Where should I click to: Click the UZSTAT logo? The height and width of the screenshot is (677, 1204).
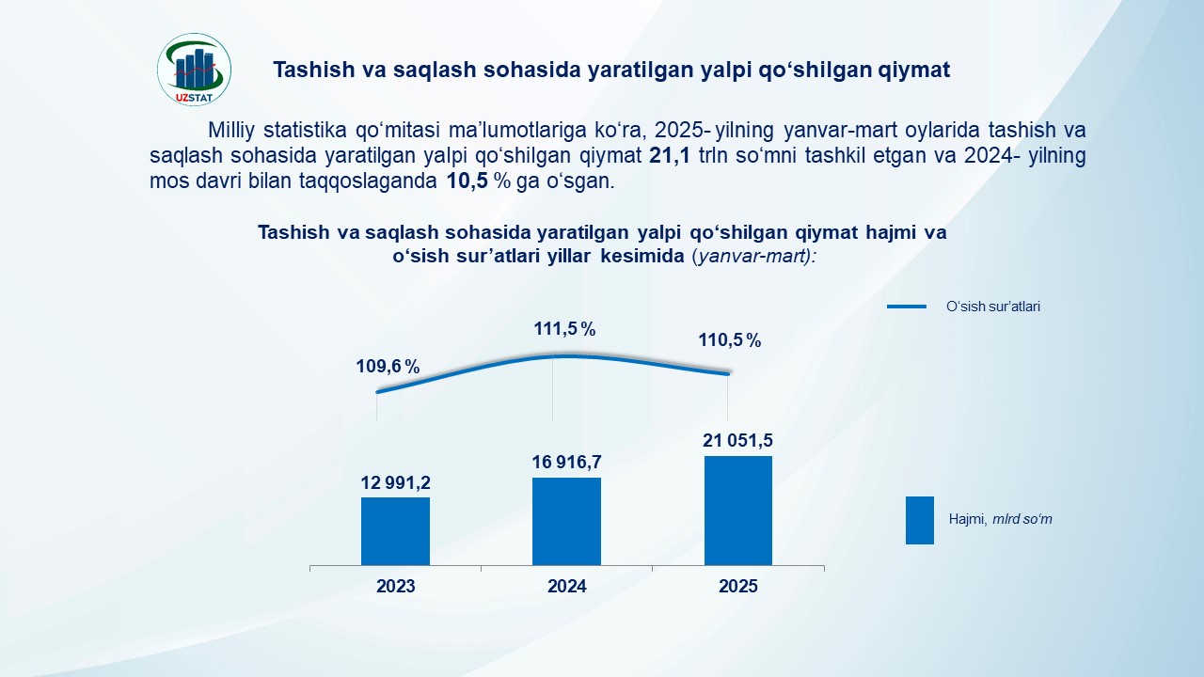(x=194, y=69)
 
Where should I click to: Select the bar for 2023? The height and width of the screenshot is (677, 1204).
(x=395, y=531)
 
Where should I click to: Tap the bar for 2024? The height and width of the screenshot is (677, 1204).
(x=566, y=522)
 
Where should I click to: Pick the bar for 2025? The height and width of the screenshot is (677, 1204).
(x=738, y=511)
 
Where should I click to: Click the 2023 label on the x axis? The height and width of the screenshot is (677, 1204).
(x=395, y=587)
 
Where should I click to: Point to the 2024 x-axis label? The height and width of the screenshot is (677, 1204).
(x=567, y=587)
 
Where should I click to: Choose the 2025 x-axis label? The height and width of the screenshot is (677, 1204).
(x=738, y=587)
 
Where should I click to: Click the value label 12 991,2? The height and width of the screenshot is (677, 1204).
(x=395, y=482)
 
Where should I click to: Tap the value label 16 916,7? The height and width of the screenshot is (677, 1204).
(x=567, y=462)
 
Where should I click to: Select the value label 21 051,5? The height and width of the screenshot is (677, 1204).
(x=738, y=440)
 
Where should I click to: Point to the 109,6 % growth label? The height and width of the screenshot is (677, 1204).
(x=388, y=367)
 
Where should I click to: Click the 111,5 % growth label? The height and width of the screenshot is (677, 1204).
(x=565, y=329)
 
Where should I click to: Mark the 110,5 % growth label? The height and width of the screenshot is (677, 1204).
(x=730, y=340)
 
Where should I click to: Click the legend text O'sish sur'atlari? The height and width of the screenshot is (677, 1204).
(x=992, y=307)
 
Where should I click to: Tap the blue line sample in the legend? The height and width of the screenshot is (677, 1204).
(x=907, y=307)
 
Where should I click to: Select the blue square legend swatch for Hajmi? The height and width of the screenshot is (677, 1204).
(x=919, y=520)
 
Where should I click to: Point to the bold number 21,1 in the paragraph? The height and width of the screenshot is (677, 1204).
(x=670, y=156)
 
